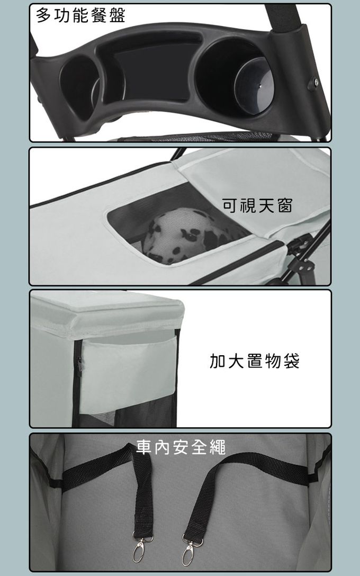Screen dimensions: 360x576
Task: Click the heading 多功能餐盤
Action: [81, 15]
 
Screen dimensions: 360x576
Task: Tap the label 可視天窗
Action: [257, 205]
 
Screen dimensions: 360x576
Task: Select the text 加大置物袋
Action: [255, 361]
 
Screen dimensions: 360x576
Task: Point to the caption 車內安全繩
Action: [181, 447]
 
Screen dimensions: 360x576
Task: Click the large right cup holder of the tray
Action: [235, 78]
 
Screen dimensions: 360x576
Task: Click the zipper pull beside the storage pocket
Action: [79, 365]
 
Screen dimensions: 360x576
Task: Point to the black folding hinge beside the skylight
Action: [301, 257]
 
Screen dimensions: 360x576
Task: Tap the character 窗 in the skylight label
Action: [285, 205]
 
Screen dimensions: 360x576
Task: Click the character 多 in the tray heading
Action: [44, 15]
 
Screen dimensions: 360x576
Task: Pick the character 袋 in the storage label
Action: [291, 361]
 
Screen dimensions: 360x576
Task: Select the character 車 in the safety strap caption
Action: [144, 447]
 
